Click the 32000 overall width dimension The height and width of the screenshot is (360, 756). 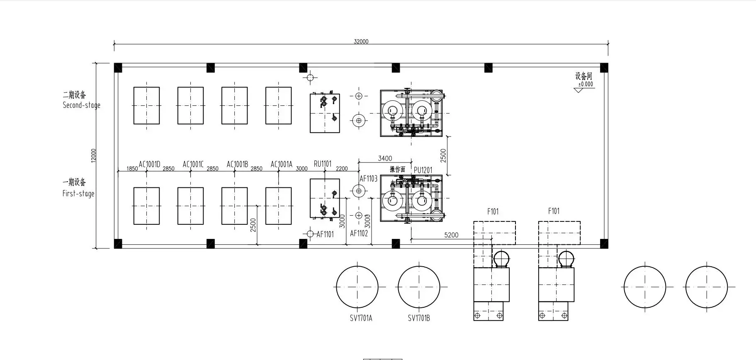click(361, 41)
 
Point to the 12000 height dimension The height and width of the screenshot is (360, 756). click(94, 156)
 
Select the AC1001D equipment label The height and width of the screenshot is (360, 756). click(149, 164)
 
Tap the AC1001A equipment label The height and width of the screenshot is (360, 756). click(282, 164)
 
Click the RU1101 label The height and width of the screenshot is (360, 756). click(323, 164)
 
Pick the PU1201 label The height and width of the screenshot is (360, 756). click(423, 170)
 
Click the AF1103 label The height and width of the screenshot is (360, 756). click(368, 179)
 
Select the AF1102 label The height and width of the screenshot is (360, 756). click(359, 234)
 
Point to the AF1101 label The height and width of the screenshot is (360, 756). click(325, 234)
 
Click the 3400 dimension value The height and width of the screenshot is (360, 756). click(385, 158)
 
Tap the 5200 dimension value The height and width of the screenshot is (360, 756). click(451, 235)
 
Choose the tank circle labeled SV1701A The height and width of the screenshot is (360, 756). click(357, 287)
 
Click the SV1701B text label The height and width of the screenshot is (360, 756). click(419, 318)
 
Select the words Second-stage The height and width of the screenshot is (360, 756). click(82, 105)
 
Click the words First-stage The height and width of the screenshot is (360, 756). click(78, 193)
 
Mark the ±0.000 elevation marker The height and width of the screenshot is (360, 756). click(586, 84)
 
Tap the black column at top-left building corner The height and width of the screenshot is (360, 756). click(118, 68)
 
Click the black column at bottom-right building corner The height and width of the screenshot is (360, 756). click(604, 244)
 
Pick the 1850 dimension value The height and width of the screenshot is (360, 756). click(132, 169)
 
